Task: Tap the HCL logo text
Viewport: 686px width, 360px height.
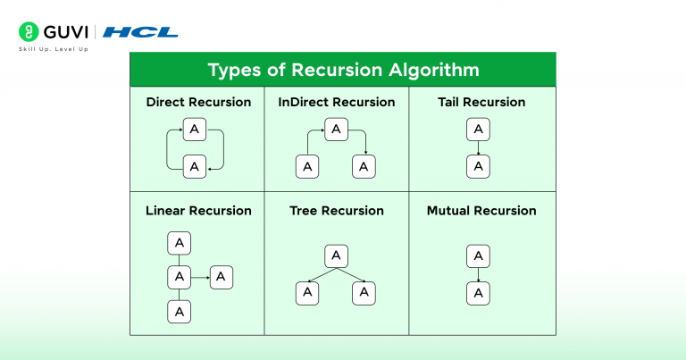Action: [x=140, y=33]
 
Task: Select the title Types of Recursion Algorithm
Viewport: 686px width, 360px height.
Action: [x=343, y=70]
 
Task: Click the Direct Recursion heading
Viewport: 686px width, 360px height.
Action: [x=198, y=102]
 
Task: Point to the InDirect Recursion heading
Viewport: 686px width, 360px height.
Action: [x=337, y=102]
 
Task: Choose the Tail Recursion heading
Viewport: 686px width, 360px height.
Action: [x=479, y=102]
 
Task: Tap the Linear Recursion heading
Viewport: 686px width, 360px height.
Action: [x=198, y=211]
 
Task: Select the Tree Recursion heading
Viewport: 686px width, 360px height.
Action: [x=337, y=211]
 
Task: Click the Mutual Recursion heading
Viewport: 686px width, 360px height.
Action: [x=481, y=211]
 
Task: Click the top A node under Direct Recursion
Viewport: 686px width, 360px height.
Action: [x=195, y=130]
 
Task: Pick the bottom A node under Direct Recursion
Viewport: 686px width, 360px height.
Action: [x=195, y=166]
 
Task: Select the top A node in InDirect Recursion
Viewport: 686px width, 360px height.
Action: [x=336, y=130]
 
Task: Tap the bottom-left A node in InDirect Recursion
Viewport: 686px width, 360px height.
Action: [x=307, y=166]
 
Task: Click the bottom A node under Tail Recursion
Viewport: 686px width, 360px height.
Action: [x=479, y=166]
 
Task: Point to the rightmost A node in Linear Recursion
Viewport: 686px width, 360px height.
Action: [x=222, y=277]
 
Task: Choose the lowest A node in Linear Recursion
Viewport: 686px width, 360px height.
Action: [x=180, y=311]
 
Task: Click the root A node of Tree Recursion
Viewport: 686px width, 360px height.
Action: [x=336, y=256]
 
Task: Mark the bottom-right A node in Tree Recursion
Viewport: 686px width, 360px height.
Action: [x=364, y=292]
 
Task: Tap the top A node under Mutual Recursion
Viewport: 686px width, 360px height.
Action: [x=479, y=256]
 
